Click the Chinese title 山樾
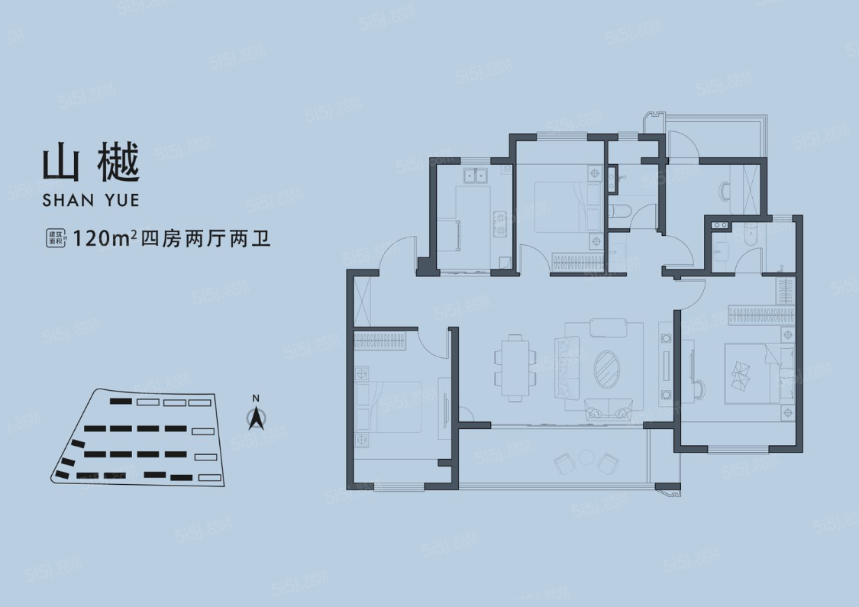point(91,164)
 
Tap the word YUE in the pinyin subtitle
point(119,202)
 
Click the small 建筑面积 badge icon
point(56,238)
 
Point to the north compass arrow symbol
point(257,419)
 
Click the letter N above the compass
point(257,398)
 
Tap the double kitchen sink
point(475,177)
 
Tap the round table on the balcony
point(586,457)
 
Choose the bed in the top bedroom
point(561,206)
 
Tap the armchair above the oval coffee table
point(607,328)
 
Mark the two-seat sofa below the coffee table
point(607,408)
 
